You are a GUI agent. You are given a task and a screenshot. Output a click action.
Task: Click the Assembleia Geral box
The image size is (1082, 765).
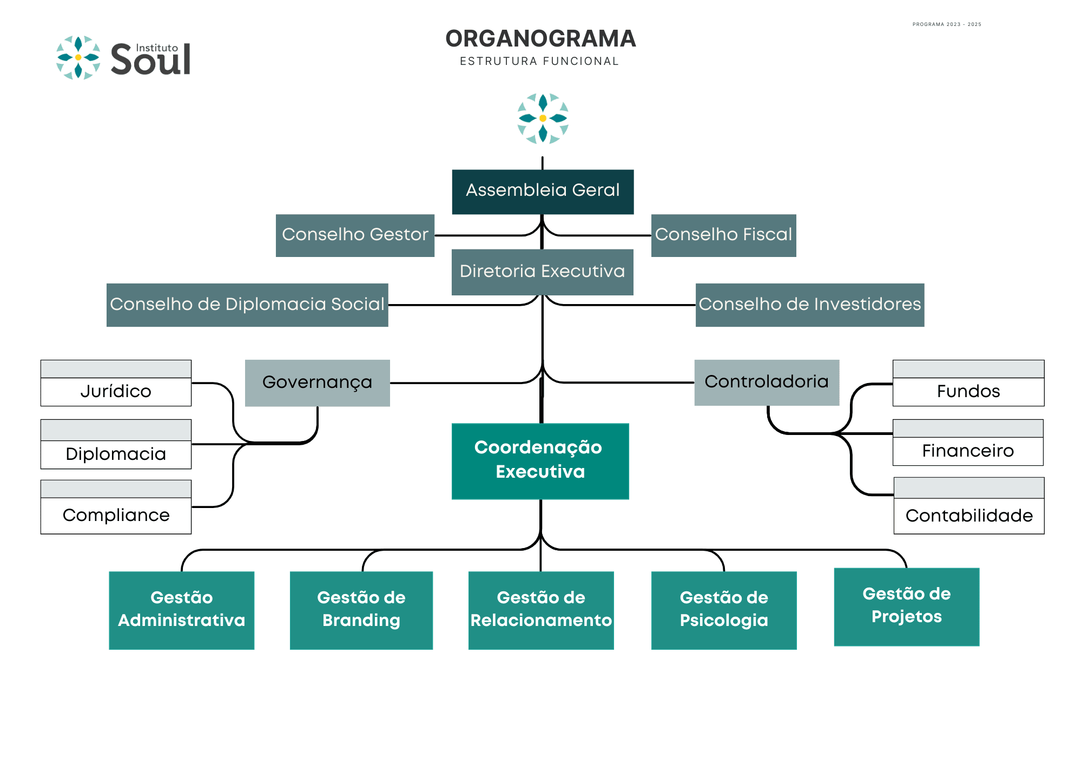[x=543, y=192]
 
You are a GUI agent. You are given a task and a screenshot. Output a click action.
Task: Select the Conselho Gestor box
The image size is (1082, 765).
[x=355, y=235]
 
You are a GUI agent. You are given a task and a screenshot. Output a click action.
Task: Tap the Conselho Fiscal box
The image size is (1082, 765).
[x=723, y=235]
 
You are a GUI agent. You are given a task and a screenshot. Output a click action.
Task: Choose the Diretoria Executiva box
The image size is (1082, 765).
[x=542, y=272]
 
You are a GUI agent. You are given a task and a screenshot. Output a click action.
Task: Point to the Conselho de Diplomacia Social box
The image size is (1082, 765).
[x=247, y=305]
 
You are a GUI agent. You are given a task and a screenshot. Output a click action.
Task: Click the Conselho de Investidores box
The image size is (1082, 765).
[x=810, y=305]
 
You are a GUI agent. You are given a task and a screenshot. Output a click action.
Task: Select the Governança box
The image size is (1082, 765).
[x=318, y=383]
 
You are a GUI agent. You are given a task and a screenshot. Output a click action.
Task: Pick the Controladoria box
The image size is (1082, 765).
[x=767, y=382]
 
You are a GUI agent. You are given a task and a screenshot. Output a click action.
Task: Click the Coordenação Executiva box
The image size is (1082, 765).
[x=540, y=461]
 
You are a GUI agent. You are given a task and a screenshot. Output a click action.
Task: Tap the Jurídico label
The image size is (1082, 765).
[x=116, y=391]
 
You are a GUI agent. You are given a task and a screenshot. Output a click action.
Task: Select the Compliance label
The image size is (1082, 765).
[x=116, y=515]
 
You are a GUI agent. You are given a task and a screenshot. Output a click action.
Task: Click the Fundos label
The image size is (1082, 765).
[x=968, y=391]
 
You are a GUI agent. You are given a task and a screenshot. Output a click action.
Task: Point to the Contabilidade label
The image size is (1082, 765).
[x=969, y=516]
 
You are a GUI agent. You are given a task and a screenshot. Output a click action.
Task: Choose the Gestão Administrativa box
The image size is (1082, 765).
[x=182, y=610]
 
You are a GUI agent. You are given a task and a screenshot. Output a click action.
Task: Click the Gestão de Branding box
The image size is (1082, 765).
[x=361, y=610]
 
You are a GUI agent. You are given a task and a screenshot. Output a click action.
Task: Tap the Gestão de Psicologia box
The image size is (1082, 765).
[x=724, y=610]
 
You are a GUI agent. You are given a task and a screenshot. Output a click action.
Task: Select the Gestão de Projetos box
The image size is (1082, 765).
[x=907, y=607]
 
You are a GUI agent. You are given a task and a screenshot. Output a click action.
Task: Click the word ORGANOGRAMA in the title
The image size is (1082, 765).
[x=540, y=38]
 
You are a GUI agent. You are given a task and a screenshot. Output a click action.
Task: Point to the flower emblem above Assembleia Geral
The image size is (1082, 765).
[x=543, y=118]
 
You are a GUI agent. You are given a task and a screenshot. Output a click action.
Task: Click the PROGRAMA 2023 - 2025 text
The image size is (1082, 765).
[x=947, y=24]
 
